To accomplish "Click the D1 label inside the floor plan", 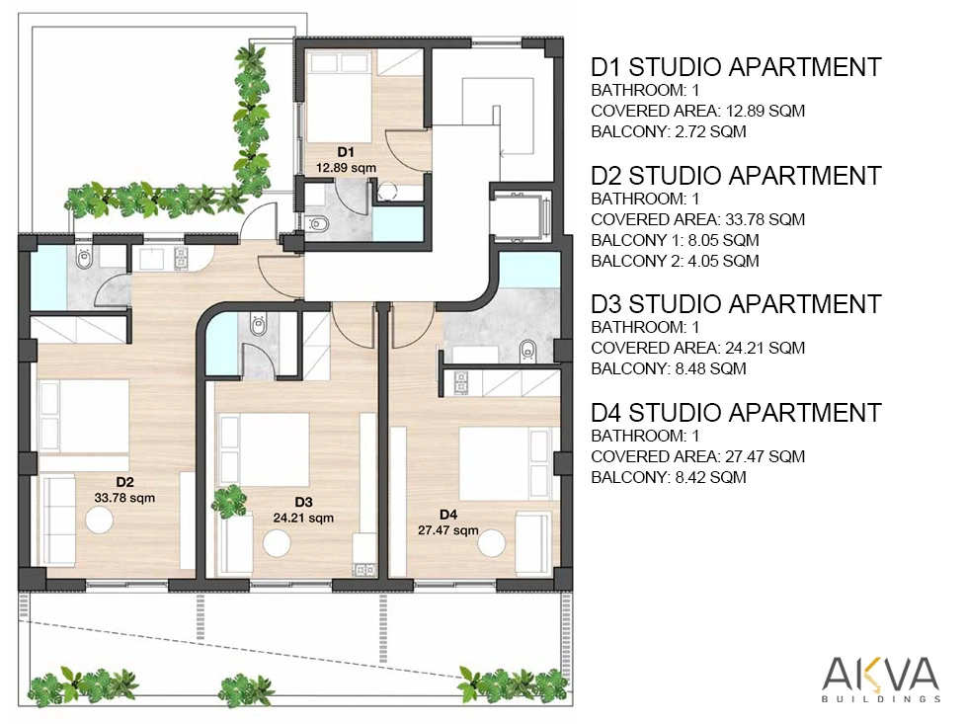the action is [346, 152].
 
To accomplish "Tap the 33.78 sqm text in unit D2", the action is [124, 498].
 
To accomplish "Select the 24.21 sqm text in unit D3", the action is [303, 518].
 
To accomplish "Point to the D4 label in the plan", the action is [448, 515].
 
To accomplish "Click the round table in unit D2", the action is [99, 521].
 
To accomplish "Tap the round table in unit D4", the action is [491, 544].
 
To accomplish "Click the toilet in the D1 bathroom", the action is [318, 224].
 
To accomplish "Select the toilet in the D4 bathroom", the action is [527, 351].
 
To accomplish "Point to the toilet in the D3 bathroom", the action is [258, 324].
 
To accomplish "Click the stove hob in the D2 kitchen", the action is [181, 259].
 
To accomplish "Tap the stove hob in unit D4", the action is [460, 383].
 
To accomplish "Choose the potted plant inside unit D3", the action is [229, 501].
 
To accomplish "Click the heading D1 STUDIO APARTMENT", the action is [736, 67].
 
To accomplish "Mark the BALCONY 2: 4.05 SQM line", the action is [675, 261].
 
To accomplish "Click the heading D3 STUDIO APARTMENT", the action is [736, 304].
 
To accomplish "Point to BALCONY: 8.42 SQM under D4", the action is [669, 477].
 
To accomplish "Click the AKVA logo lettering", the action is [881, 675].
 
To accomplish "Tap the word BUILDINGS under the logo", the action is [881, 699].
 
